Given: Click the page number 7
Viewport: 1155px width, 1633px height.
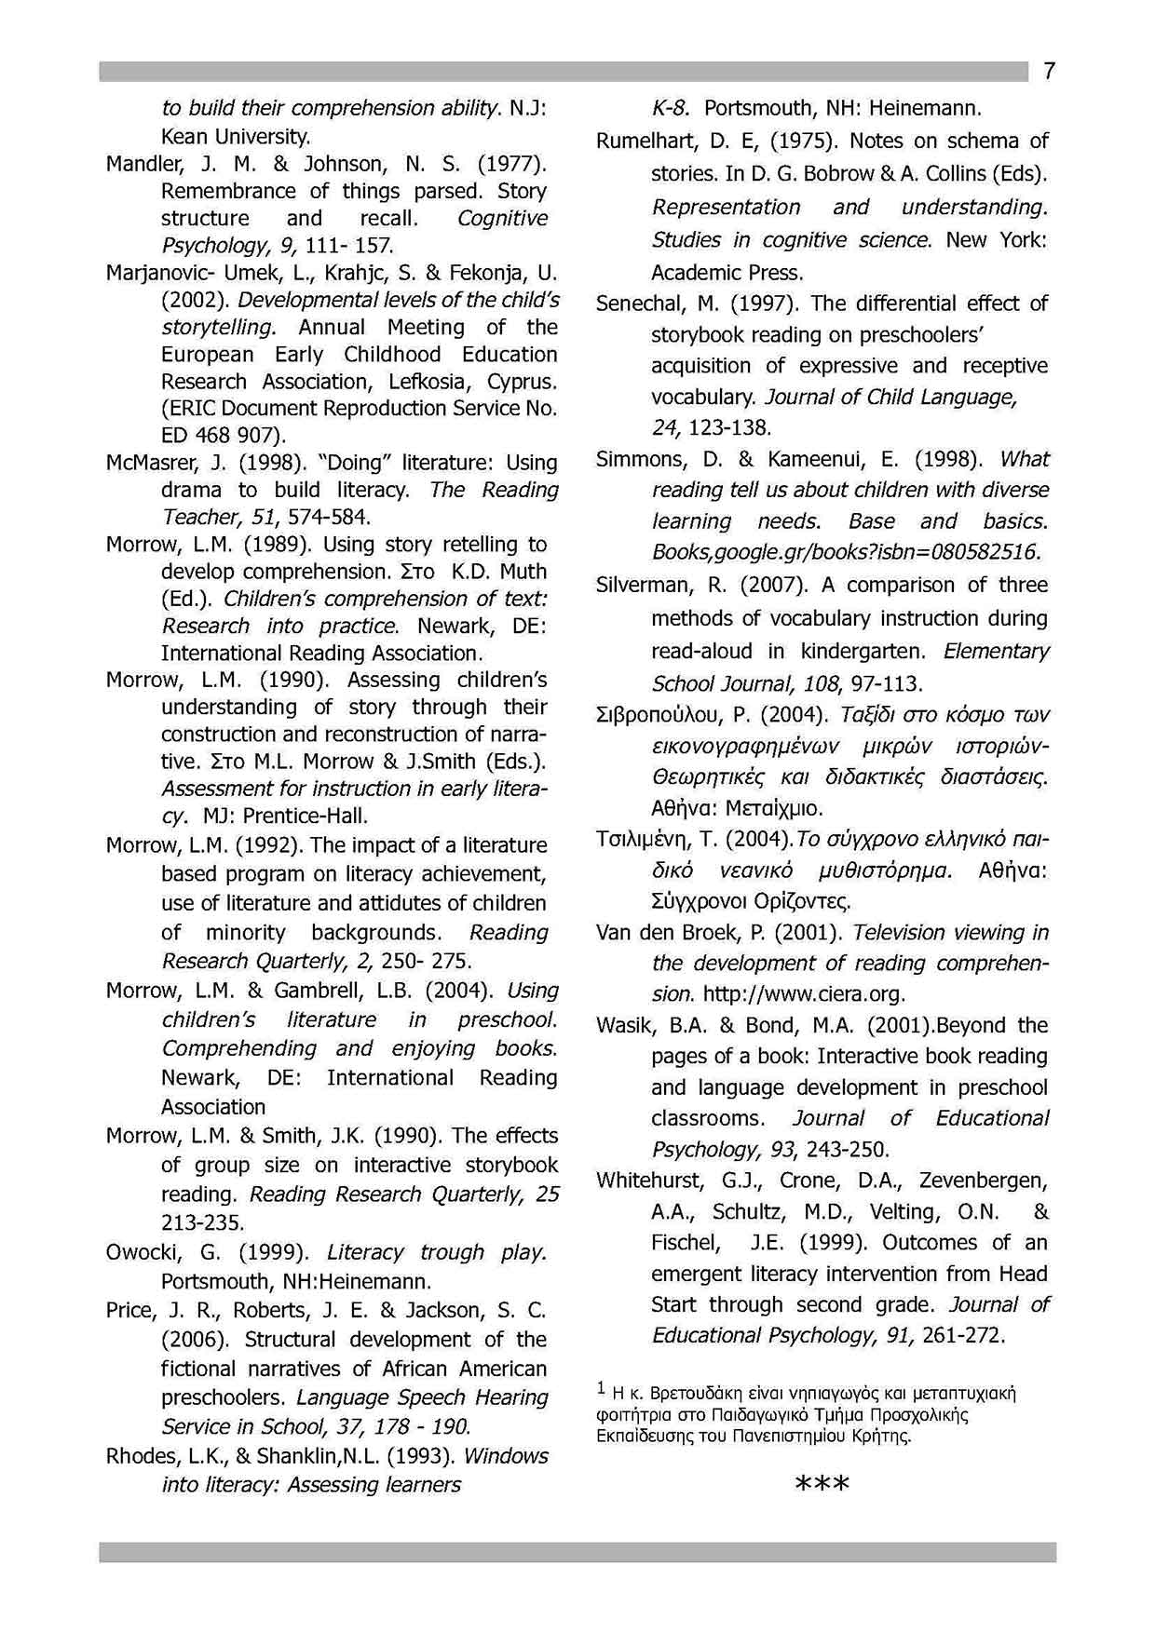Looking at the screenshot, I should tap(1049, 72).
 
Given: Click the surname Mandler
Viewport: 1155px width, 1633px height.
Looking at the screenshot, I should tap(140, 165).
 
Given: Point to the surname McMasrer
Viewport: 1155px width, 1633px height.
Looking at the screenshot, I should tap(144, 464).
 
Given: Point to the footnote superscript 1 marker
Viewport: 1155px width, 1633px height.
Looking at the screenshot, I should tap(601, 1389).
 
